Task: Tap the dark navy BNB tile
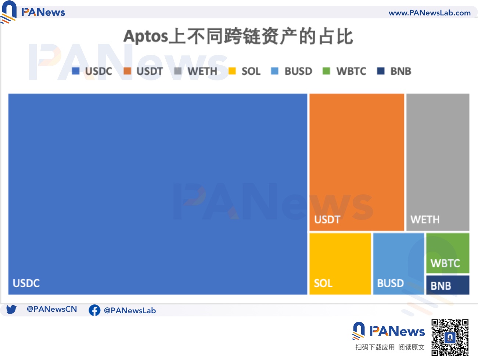[x=448, y=285]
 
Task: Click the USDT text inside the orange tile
[x=327, y=220]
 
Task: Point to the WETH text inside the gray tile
[x=425, y=220]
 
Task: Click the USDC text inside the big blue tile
[x=26, y=283]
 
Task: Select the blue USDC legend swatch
[x=76, y=71]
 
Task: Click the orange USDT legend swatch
[x=127, y=71]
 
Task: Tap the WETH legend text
[x=202, y=71]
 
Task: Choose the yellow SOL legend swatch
[x=232, y=71]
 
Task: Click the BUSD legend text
[x=298, y=71]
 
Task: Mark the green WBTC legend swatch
[x=326, y=71]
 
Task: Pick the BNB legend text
[x=400, y=71]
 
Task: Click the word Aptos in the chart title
[x=145, y=37]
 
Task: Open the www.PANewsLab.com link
[x=430, y=13]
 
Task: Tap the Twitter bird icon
[x=11, y=310]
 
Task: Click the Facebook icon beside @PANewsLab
[x=94, y=310]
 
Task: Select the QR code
[x=450, y=337]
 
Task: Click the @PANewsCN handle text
[x=52, y=309]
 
